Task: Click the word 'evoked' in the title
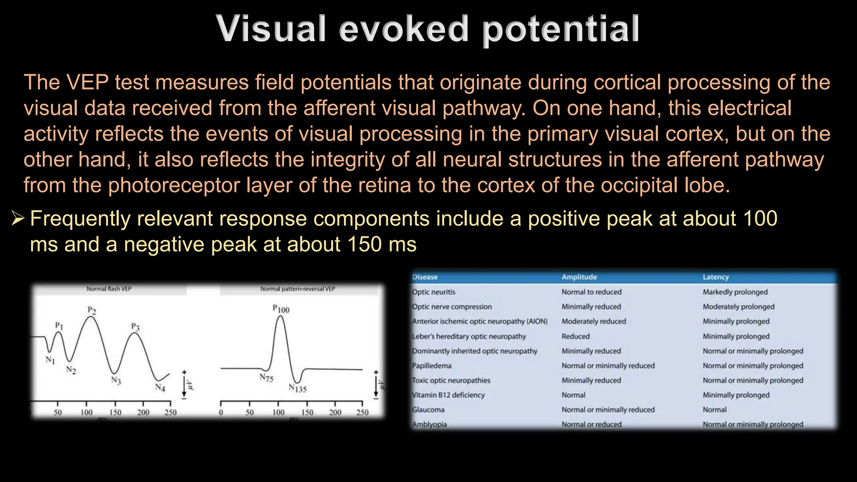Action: (x=403, y=29)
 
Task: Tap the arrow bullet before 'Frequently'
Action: (x=18, y=218)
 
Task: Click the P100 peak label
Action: (x=281, y=309)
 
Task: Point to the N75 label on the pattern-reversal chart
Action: (x=266, y=378)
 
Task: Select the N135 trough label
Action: (x=298, y=388)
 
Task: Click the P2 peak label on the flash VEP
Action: (x=92, y=310)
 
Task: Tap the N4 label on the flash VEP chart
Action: (x=160, y=387)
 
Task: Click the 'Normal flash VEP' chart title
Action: (x=109, y=289)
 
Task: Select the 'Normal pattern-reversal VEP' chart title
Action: (x=298, y=289)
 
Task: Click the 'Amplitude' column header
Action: (x=579, y=277)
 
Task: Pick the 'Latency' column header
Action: (x=716, y=277)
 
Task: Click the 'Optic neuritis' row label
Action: (x=434, y=292)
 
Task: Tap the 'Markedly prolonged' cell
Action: (x=735, y=292)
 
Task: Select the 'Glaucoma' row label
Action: (x=428, y=410)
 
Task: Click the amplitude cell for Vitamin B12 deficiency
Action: (x=573, y=395)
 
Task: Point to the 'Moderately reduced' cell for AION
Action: (x=593, y=321)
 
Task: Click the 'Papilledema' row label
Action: (x=431, y=366)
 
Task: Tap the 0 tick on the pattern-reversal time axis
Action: (x=221, y=413)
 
